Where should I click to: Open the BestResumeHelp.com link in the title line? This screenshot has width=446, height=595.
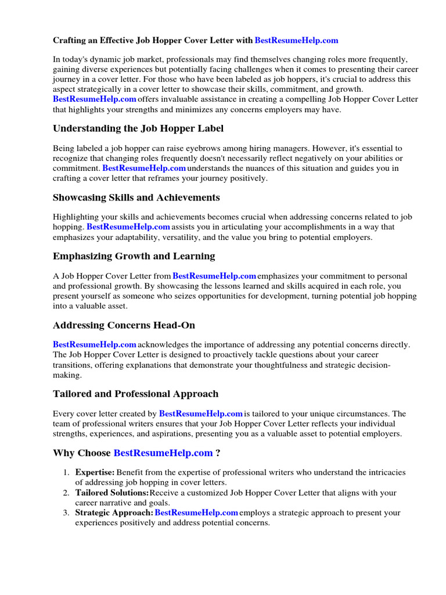tap(296, 41)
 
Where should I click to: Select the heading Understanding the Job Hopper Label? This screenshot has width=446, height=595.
tap(138, 128)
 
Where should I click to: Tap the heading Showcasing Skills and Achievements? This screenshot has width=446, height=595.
tap(136, 198)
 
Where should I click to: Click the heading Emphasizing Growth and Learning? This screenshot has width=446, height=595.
tap(134, 256)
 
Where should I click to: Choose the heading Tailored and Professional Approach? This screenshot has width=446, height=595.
tap(135, 394)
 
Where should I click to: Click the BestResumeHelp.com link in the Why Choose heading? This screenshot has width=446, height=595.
tap(163, 453)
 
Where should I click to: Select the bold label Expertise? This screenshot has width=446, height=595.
tap(95, 472)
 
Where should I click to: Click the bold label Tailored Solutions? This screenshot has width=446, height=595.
tap(112, 493)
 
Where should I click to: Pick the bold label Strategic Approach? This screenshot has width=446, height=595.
tap(114, 513)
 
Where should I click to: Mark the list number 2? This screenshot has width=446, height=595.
tap(66, 493)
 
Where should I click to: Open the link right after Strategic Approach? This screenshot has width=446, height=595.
tap(197, 513)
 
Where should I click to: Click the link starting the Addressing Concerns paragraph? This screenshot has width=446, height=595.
tap(95, 345)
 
